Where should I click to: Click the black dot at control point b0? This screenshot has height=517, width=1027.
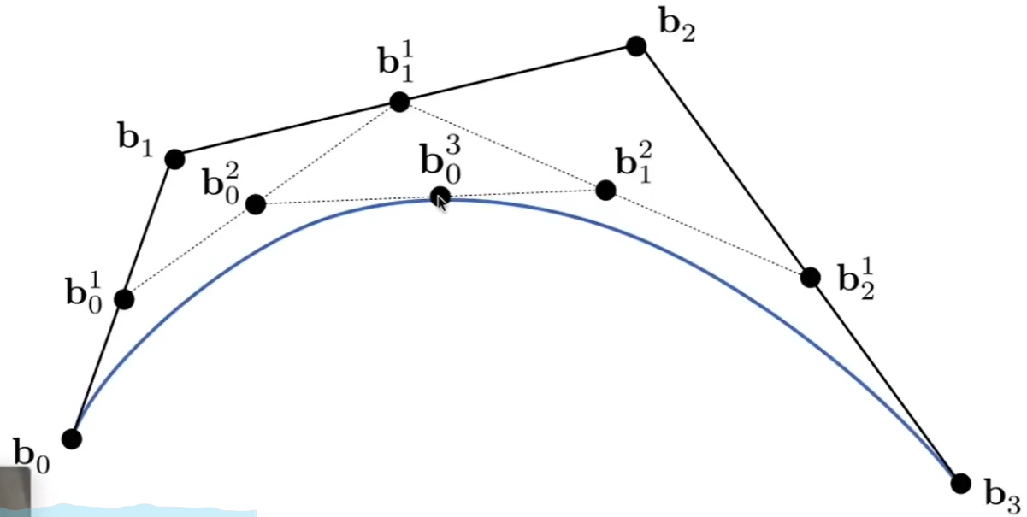72,438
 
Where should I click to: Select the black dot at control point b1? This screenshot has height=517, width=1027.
174,159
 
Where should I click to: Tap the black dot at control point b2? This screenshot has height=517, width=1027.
635,46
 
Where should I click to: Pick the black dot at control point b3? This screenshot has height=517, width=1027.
961,483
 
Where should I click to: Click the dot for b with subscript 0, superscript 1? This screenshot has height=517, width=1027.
124,299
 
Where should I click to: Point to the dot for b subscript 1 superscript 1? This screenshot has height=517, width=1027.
398,103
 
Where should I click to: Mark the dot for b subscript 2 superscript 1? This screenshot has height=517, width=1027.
810,277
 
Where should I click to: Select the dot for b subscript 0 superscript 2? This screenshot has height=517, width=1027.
255,203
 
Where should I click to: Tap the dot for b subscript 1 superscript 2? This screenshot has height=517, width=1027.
605,190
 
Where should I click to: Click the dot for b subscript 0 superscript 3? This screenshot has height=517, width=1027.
439,196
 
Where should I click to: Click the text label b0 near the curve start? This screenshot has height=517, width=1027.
31,453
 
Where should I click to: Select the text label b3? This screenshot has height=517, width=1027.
1001,493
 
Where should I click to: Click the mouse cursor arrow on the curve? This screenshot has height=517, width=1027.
442,201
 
